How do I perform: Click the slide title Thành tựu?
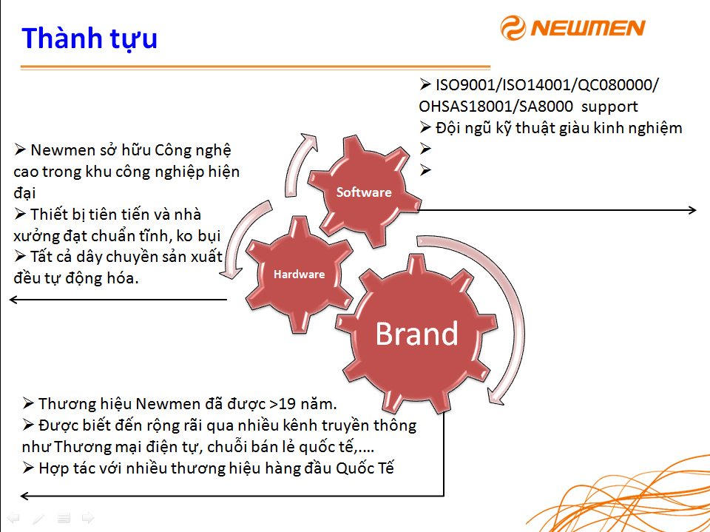coord(89,38)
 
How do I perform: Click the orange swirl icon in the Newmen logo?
coord(513,27)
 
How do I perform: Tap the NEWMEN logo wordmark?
coord(588,28)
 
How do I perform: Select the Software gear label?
coord(364,192)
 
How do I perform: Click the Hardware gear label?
coord(299,275)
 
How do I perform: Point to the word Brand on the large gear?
coord(416,334)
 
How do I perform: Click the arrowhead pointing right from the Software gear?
coord(692,210)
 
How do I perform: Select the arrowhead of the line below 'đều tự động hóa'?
coord(13,300)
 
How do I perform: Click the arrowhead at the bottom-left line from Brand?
coord(25,496)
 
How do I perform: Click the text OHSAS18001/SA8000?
coord(496,107)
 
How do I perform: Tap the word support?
coord(609,107)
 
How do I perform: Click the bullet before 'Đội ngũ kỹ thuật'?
coord(425,127)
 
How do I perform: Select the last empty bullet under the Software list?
coord(425,170)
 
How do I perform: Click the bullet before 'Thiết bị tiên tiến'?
coord(19,213)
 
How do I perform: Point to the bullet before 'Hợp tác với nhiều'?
coord(28,467)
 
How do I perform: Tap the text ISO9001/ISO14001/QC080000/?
coord(547,85)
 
